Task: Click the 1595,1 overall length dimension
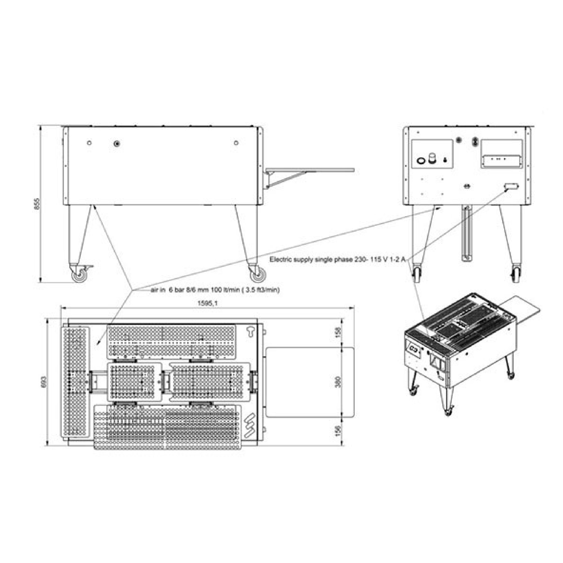pos(207,303)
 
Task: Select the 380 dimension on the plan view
pos(338,382)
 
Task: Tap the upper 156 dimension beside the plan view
pos(338,332)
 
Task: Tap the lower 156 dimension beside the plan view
pos(338,431)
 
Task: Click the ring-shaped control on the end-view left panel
pos(421,160)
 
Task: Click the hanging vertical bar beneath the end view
pos(466,233)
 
